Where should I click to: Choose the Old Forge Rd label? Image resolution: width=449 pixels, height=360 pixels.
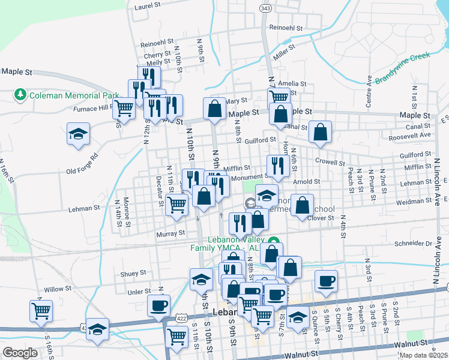coord(82,158)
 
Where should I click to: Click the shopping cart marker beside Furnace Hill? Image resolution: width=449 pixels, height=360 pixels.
coord(124,109)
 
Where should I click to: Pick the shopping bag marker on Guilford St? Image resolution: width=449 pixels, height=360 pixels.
coord(321,132)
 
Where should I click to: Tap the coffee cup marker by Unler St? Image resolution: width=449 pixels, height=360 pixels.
coord(159,305)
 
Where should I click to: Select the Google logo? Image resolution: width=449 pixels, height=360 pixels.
coord(20,353)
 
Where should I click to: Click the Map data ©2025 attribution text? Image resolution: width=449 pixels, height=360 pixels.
coord(424,355)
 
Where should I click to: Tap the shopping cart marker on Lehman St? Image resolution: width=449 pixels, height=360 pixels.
coord(177,205)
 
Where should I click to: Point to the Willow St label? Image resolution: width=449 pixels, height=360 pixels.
coord(58,289)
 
